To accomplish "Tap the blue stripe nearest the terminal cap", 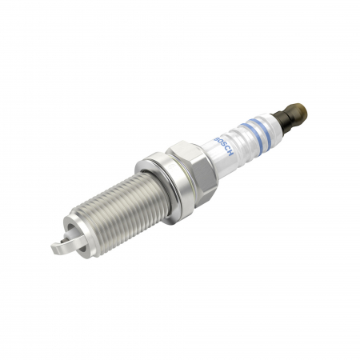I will point(263,127).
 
